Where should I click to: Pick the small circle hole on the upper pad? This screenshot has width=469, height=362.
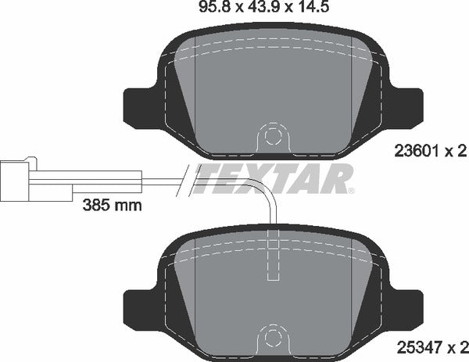pyautogui.click(x=271, y=135)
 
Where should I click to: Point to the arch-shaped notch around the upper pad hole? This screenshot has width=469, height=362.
pyautogui.click(x=271, y=125)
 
